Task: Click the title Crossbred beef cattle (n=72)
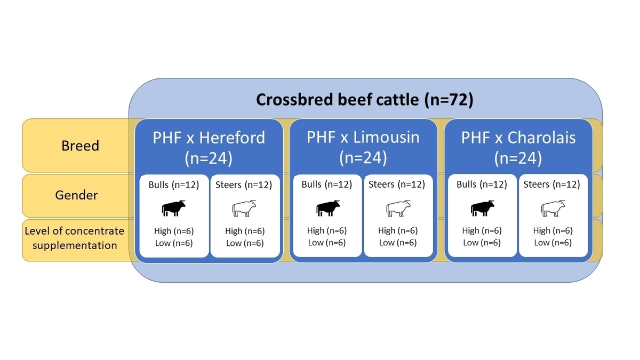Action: click(365, 100)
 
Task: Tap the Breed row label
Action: click(81, 146)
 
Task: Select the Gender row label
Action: click(77, 195)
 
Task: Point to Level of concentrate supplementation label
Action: click(74, 238)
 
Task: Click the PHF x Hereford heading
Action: click(209, 148)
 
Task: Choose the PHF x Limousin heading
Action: click(363, 147)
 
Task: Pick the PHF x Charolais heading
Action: click(518, 148)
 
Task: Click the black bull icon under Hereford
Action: click(173, 208)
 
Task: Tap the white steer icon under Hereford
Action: click(244, 209)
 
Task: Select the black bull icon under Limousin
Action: click(328, 208)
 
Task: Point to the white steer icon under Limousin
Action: click(398, 209)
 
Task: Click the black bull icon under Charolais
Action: click(483, 208)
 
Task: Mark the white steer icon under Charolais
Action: click(553, 209)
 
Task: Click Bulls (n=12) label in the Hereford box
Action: click(174, 185)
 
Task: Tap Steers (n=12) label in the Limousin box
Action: click(397, 185)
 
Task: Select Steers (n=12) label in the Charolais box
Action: click(551, 185)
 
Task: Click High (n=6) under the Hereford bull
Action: click(174, 231)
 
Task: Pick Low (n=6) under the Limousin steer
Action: click(398, 243)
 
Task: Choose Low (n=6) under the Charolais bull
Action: click(482, 243)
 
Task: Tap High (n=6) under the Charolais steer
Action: click(553, 230)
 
